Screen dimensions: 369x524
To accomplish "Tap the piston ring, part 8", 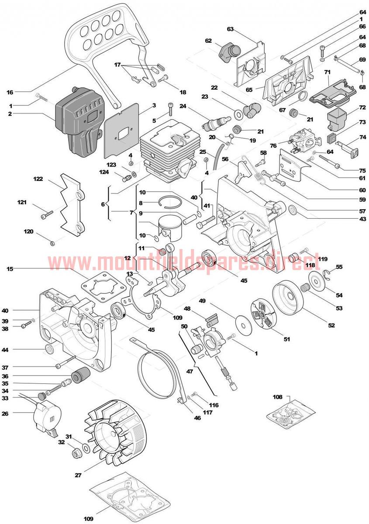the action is click(170, 201).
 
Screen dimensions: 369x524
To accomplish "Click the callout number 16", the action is click(10, 92).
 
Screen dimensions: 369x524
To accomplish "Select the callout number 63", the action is click(231, 29).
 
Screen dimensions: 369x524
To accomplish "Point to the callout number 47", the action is click(190, 371).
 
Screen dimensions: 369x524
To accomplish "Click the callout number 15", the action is click(10, 269).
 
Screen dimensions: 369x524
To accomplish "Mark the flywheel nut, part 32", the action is click(76, 454).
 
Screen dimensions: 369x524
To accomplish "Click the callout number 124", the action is click(104, 172).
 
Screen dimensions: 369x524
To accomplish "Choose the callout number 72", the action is click(362, 107).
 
